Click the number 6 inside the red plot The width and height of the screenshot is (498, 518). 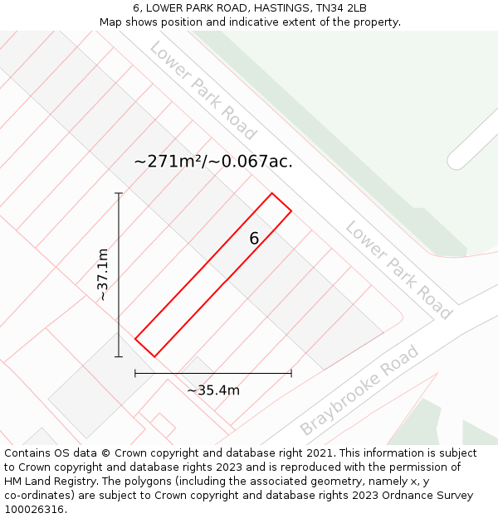point(254,239)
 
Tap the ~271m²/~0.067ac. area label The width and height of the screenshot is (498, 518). point(213,162)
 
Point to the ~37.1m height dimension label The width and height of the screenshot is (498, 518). point(103,274)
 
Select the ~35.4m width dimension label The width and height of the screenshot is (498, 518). point(213,390)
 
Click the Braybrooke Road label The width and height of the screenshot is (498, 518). point(359,390)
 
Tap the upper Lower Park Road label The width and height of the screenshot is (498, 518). point(203,90)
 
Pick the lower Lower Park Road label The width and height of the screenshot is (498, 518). point(398,269)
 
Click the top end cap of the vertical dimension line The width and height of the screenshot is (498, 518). point(119,193)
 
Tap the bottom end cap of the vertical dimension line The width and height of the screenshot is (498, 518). point(119,357)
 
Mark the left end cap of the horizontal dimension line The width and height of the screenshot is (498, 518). point(135,374)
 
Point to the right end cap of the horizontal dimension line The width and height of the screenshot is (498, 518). point(291,374)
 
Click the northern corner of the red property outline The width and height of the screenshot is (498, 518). point(272,194)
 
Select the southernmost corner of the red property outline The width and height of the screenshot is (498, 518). point(154,357)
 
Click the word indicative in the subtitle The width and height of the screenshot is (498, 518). point(239,22)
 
